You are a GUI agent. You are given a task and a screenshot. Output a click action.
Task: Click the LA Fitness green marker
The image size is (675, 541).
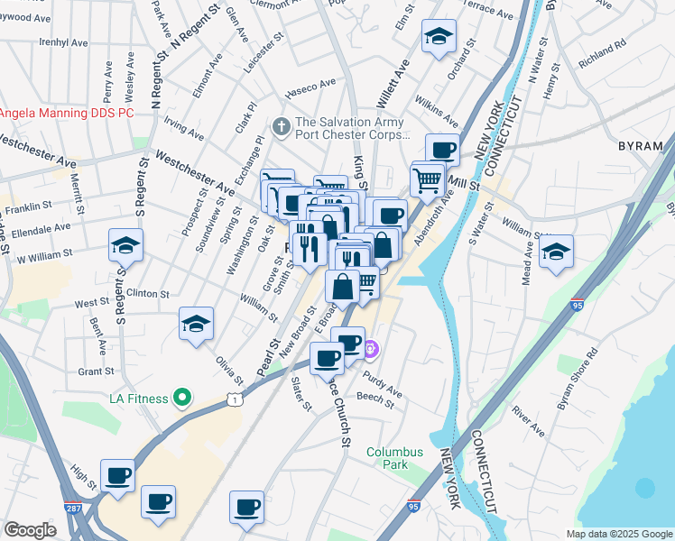pyautogui.click(x=181, y=398)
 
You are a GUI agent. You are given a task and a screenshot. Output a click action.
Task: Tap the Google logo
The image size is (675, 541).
pyautogui.click(x=30, y=530)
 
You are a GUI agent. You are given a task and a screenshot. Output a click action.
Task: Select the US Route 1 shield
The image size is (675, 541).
pyautogui.click(x=235, y=398)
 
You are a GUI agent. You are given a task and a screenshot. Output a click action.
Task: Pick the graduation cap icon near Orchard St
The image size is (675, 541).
pyautogui.click(x=439, y=37)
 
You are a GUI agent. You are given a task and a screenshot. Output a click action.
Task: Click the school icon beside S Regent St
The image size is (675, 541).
pyautogui.click(x=125, y=245)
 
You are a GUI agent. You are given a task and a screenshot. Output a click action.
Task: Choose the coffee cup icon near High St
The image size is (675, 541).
pyautogui.click(x=117, y=474)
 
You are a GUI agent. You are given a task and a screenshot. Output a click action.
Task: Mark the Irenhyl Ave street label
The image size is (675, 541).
pyautogui.click(x=63, y=42)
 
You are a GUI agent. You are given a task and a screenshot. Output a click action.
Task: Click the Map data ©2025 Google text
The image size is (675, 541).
pyautogui.click(x=618, y=534)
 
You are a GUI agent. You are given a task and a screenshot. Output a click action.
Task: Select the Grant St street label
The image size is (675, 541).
pyautogui.click(x=95, y=371)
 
